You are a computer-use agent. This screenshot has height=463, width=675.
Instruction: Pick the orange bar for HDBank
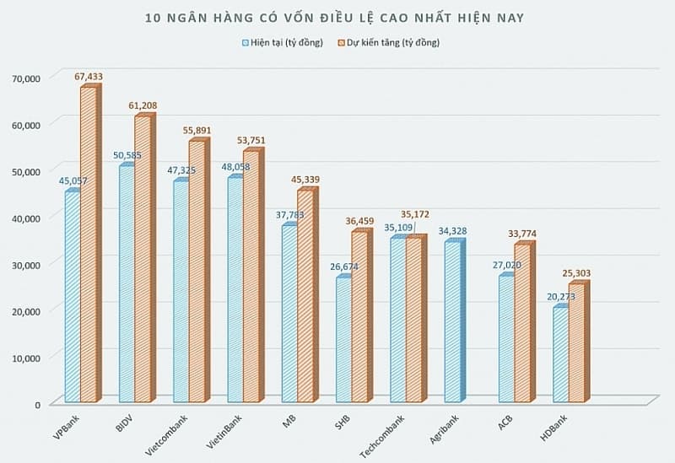tap(579, 342)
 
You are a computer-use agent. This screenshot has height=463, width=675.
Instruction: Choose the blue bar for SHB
tap(343, 339)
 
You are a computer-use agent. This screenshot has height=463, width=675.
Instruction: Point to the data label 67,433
tap(89, 77)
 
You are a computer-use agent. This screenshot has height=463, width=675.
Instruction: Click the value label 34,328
tap(452, 231)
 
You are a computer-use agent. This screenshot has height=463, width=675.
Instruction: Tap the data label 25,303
tap(576, 273)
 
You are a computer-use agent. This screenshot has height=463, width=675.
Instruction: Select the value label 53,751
tap(251, 140)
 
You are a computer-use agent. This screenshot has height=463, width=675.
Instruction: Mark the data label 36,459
tap(360, 222)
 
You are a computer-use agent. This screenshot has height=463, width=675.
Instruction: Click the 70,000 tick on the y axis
tap(27, 78)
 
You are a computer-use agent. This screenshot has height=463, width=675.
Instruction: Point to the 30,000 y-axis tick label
tap(27, 265)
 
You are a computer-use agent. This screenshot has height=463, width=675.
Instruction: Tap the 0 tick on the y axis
tap(37, 405)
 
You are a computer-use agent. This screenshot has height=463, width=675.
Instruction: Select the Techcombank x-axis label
tap(382, 437)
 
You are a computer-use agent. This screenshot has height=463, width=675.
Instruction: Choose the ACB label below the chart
tap(505, 423)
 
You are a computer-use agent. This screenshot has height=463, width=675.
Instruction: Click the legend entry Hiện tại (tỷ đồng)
tap(283, 43)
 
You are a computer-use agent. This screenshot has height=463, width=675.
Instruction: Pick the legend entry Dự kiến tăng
tap(389, 43)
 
